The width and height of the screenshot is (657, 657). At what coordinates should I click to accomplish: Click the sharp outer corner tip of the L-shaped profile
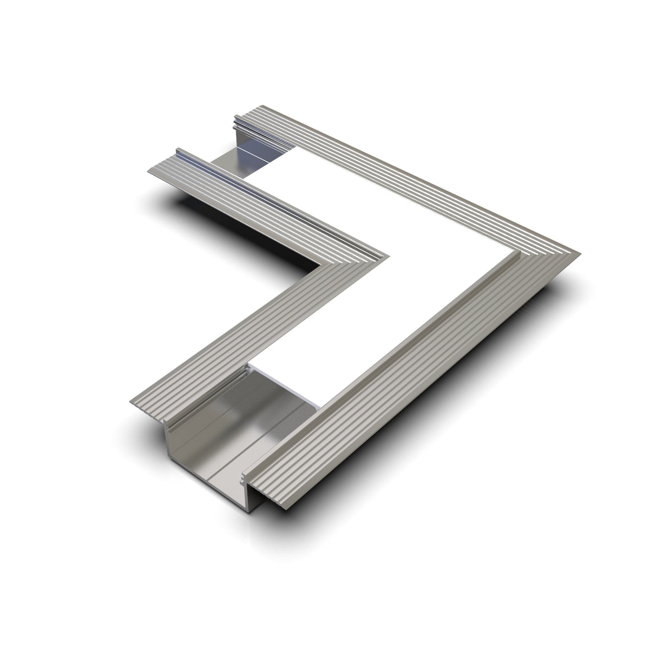click(x=578, y=253)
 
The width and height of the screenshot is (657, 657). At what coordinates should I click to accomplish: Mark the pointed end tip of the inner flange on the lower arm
click(x=130, y=404)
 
